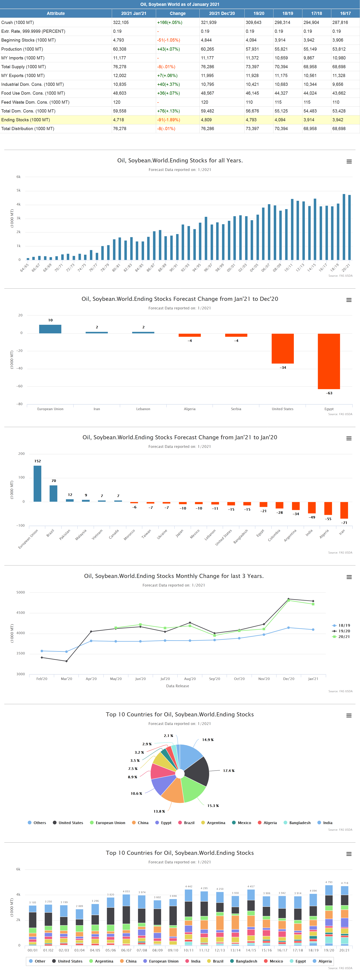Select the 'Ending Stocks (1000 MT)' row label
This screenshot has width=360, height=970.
pyautogui.click(x=26, y=120)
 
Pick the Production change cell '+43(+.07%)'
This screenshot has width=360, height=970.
pyautogui.click(x=168, y=49)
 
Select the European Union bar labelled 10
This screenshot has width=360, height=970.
pyautogui.click(x=50, y=329)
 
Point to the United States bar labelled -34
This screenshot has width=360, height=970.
pyautogui.click(x=283, y=348)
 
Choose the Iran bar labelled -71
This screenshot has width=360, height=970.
pyautogui.click(x=344, y=510)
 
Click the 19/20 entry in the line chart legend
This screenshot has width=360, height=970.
pyautogui.click(x=344, y=631)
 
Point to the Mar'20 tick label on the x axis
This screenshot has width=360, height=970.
pyautogui.click(x=66, y=679)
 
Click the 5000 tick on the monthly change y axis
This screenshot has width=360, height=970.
pyautogui.click(x=20, y=592)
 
